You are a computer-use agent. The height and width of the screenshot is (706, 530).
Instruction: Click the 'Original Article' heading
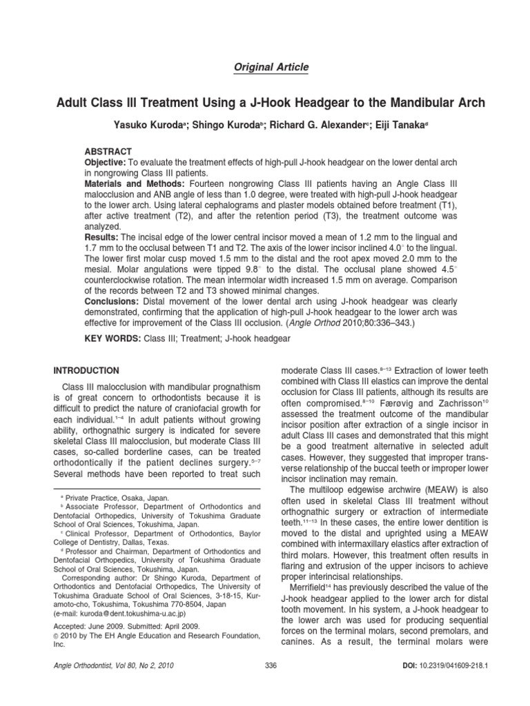tap(265, 67)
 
